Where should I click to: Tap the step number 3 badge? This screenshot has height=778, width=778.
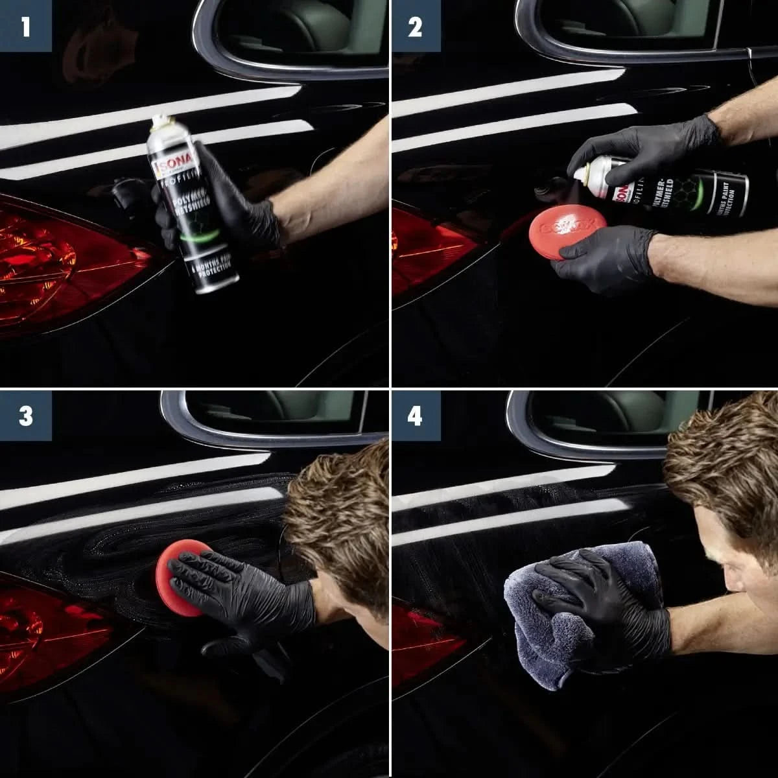pos(25,416)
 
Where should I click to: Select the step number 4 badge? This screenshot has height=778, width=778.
pos(415,416)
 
